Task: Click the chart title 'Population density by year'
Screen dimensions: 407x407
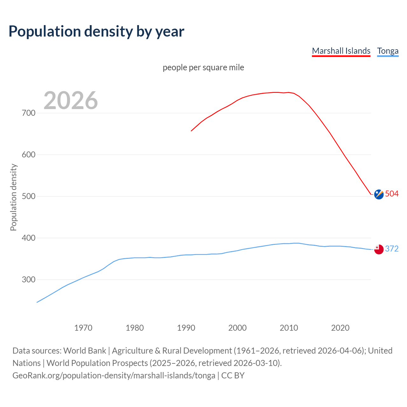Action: point(96,31)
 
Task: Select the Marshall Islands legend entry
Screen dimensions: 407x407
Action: point(341,51)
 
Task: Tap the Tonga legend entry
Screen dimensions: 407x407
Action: point(388,51)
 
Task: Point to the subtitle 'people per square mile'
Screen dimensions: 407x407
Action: point(203,67)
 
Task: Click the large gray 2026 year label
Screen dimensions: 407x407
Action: point(71,100)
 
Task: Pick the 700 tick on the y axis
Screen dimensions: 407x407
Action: point(29,113)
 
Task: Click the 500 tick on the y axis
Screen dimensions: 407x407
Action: point(29,196)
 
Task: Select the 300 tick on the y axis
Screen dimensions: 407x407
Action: point(29,279)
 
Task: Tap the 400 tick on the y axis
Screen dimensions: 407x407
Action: point(29,238)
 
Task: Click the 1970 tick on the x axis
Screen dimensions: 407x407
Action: point(83,328)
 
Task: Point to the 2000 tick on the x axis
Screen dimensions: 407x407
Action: point(238,328)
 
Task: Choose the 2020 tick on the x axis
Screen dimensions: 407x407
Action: point(340,328)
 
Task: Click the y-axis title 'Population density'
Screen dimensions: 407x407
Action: point(13,197)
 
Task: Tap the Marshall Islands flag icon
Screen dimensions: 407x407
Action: point(379,194)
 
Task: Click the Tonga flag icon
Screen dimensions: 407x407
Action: point(379,249)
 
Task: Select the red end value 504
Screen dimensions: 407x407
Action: point(392,194)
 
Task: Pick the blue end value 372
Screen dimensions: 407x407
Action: point(392,249)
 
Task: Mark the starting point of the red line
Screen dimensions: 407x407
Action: point(191,131)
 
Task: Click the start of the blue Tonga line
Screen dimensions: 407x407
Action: point(37,302)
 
